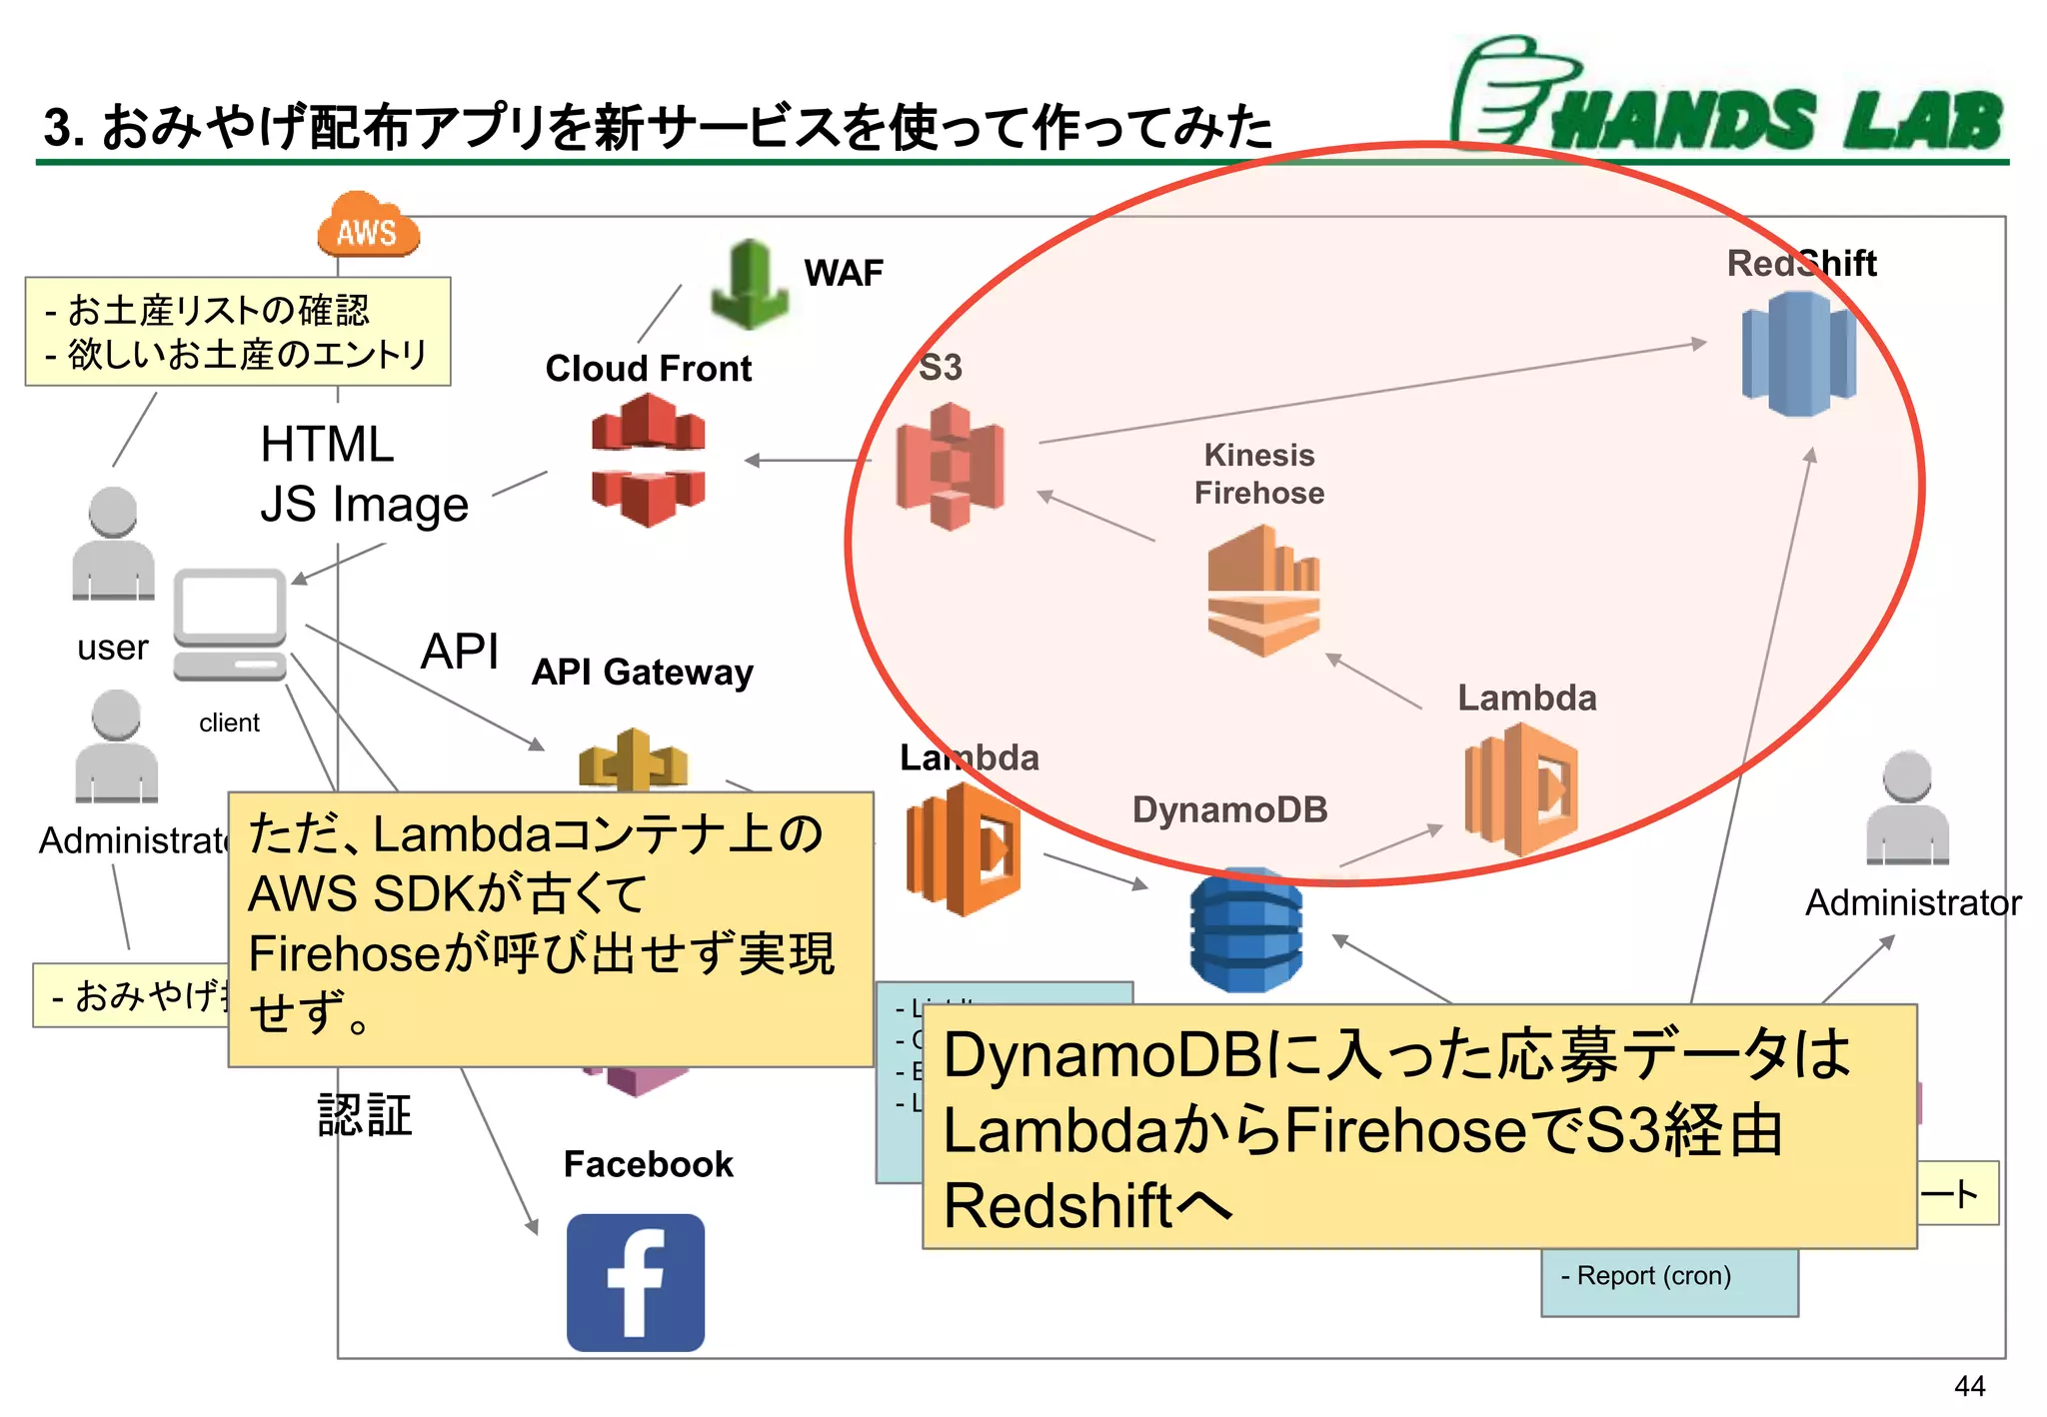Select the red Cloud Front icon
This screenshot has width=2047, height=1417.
649,461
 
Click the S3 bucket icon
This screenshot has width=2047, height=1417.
950,466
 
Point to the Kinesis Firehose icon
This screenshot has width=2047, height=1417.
1263,591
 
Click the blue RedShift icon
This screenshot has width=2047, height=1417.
1798,354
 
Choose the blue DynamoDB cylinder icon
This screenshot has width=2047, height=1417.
1245,932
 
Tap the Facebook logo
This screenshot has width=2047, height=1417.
636,1282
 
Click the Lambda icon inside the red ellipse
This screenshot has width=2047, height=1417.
1520,789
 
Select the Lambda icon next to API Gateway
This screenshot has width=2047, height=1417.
963,849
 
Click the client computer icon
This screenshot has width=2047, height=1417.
230,626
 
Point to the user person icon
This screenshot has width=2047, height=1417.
113,544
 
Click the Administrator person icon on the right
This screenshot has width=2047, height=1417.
1907,808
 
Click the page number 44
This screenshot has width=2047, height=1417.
1969,1386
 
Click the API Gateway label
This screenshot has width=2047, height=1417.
643,673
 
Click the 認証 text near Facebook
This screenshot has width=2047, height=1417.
365,1115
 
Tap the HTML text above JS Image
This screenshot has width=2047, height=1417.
327,445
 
